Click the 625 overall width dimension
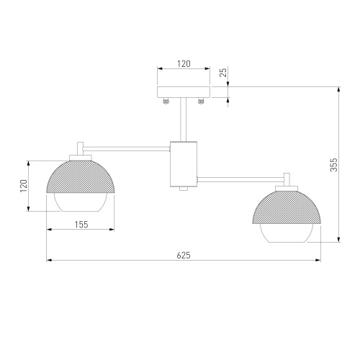(185, 253)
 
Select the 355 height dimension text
(333, 165)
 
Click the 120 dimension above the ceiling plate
(183, 64)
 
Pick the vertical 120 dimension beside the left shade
(23, 185)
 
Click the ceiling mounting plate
(184, 92)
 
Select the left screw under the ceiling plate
(166, 102)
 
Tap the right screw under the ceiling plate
(201, 102)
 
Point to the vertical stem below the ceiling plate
(184, 119)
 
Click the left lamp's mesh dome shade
(81, 177)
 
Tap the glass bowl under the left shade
(81, 203)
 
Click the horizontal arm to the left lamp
(126, 149)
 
